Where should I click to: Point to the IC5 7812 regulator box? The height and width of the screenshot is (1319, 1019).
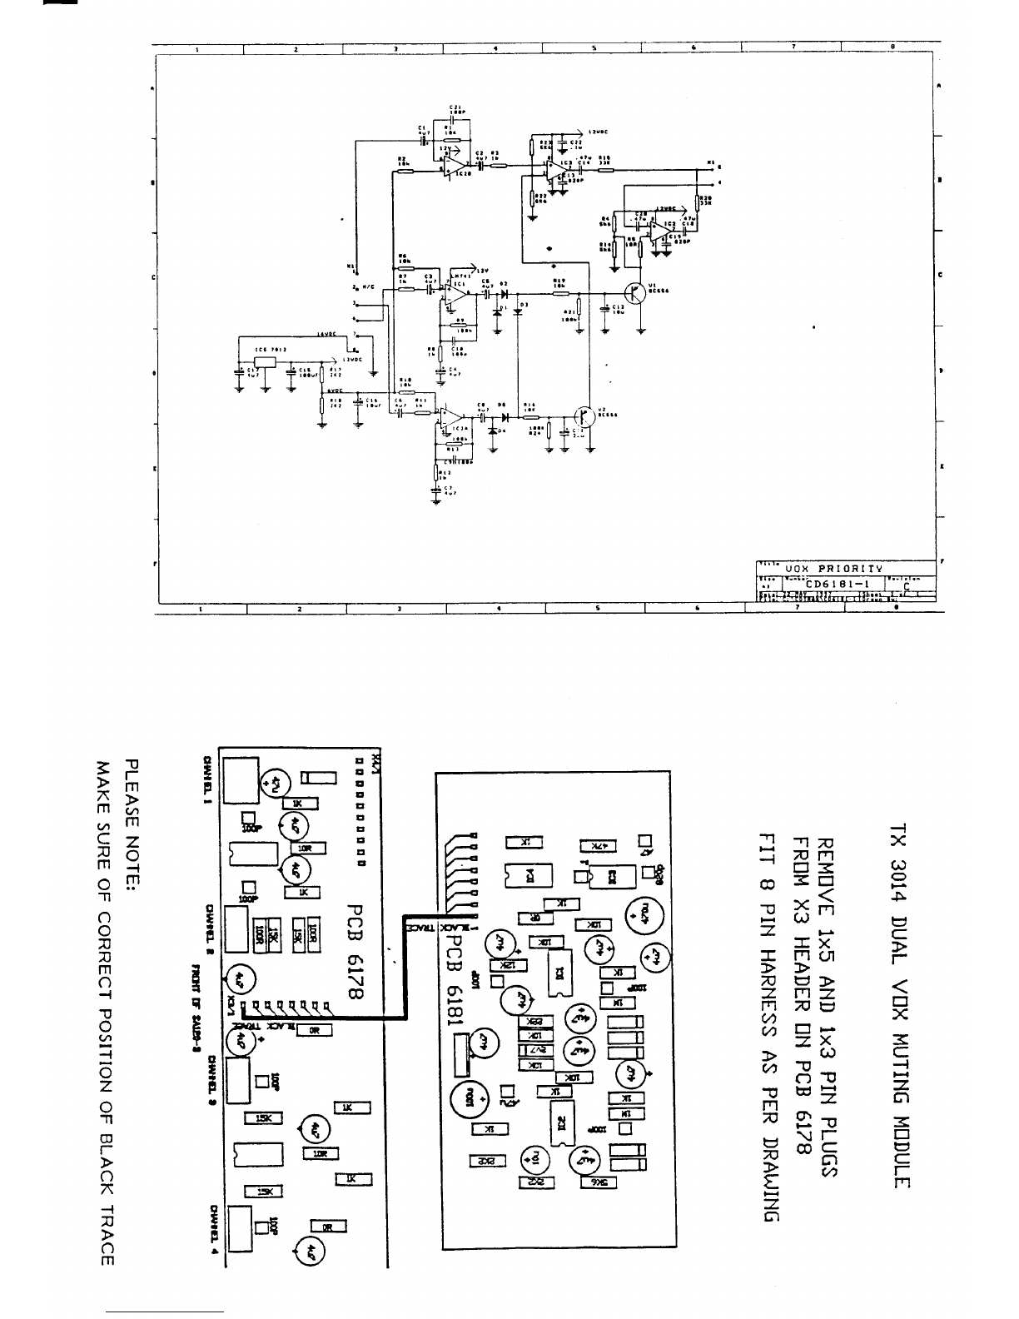pyautogui.click(x=266, y=361)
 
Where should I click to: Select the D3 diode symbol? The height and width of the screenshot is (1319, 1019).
pyautogui.click(x=518, y=311)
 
